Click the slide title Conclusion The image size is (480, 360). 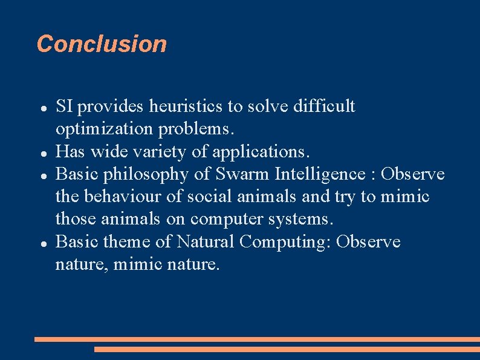pyautogui.click(x=102, y=44)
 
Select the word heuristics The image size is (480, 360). pyautogui.click(x=186, y=106)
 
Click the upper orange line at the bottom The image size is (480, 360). pyautogui.click(x=257, y=339)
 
